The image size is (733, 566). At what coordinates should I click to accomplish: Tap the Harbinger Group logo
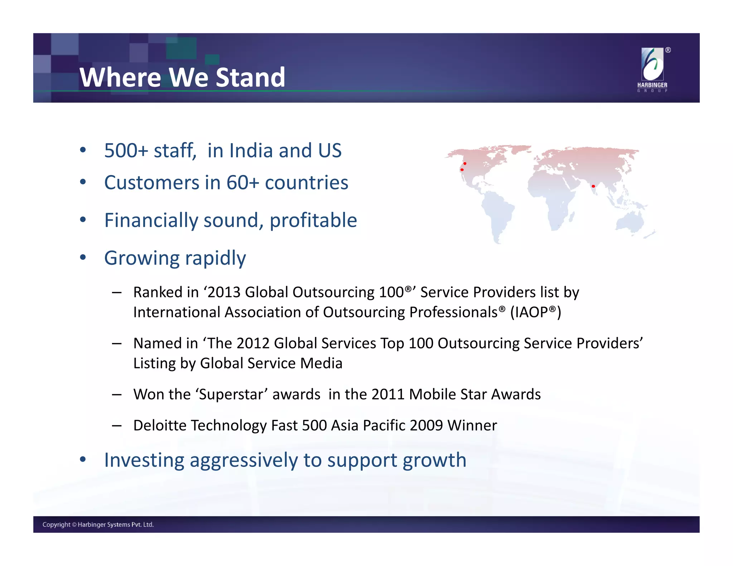[x=652, y=70]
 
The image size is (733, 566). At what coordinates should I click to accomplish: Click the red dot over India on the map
[x=593, y=186]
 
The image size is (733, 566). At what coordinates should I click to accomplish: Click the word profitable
[x=313, y=220]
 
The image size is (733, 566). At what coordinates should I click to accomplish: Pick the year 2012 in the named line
[x=253, y=343]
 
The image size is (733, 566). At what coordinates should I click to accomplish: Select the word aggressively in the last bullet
[x=243, y=460]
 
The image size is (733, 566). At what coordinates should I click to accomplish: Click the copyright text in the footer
[x=98, y=524]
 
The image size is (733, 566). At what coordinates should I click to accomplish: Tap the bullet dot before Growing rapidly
[x=83, y=258]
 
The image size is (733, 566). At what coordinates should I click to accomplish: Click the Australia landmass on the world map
[x=630, y=221]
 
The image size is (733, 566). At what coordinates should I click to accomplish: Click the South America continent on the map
[x=497, y=213]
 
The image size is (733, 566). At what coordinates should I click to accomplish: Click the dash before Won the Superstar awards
[x=117, y=395]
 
